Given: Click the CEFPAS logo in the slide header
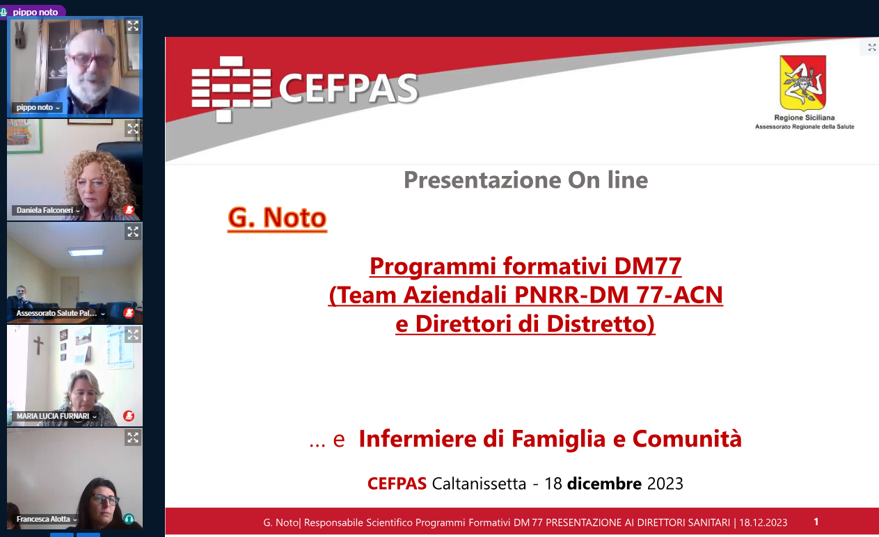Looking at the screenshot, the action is point(305,89).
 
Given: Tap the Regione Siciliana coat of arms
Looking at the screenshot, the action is point(803,83).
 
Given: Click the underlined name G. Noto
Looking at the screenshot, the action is point(277,218).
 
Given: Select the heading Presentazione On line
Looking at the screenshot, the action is point(526,180).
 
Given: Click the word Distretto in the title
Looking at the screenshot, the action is point(601,324).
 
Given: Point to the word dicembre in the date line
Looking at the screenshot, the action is point(604,483).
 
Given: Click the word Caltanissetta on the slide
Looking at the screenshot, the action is point(479,483).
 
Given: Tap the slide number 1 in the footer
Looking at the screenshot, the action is point(816,522).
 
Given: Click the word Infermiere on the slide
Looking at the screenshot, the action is point(417,438).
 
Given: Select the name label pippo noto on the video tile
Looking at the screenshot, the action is point(35,108).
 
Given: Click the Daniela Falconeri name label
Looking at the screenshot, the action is point(45,210).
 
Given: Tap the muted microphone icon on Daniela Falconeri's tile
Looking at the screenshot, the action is point(129,210).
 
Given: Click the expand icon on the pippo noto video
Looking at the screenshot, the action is point(133,26).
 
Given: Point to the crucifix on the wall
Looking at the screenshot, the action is point(38,345).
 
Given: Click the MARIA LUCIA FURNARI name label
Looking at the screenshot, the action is point(53,416).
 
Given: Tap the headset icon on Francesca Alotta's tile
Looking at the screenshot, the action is point(129,519).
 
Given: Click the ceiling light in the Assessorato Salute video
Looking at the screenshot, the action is point(86,252).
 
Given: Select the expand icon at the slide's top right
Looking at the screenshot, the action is point(872,47).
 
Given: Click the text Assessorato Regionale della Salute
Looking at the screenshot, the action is point(805,127).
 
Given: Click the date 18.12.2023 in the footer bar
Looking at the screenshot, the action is point(763,522).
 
